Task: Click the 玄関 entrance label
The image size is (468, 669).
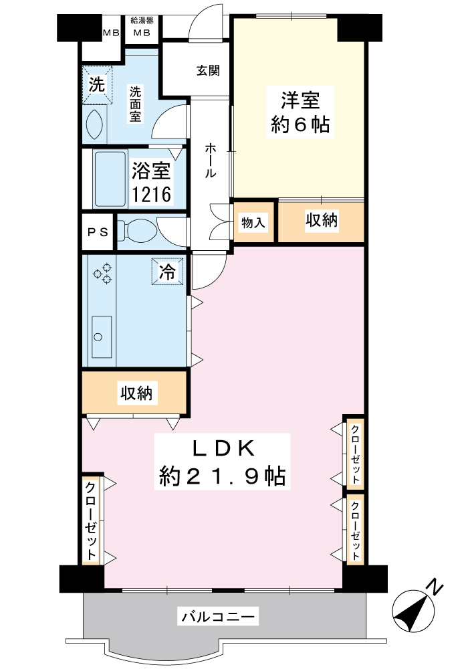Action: (x=208, y=70)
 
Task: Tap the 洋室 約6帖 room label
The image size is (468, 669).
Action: (x=300, y=112)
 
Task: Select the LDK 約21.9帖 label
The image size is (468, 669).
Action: (x=222, y=462)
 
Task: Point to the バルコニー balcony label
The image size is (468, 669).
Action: (x=218, y=616)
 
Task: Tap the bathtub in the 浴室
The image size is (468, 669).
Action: (x=110, y=179)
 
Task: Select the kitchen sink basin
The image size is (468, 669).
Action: (x=102, y=337)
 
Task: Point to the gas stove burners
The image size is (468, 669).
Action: (x=103, y=273)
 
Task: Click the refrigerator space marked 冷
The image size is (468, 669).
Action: (x=167, y=272)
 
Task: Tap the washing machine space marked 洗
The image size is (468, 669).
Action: (x=97, y=84)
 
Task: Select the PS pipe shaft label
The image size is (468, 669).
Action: (x=98, y=232)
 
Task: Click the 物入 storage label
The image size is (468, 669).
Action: (x=253, y=222)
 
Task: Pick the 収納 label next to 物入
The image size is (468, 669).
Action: (x=322, y=219)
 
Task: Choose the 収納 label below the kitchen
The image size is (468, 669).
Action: (x=136, y=393)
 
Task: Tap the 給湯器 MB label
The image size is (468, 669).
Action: (x=142, y=27)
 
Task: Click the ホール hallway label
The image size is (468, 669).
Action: (x=211, y=160)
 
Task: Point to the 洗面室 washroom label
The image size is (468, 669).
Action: (x=136, y=104)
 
